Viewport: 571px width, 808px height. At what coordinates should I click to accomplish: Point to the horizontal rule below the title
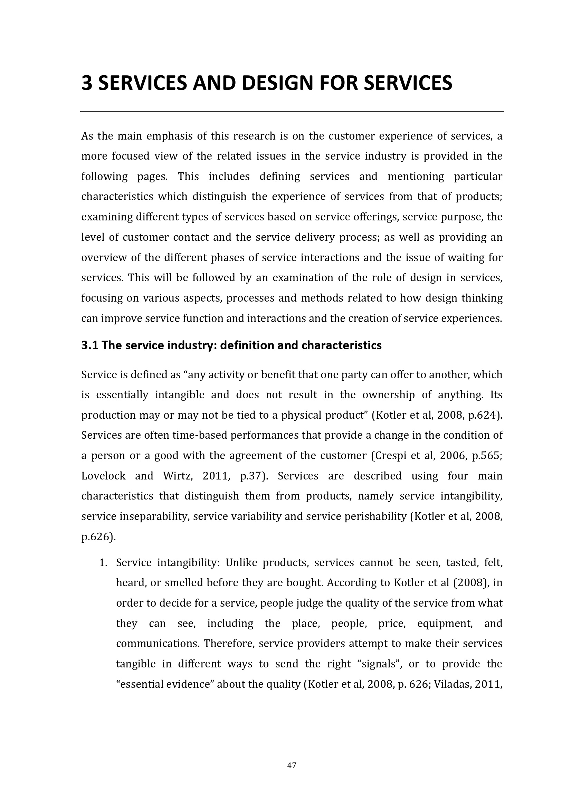pyautogui.click(x=292, y=112)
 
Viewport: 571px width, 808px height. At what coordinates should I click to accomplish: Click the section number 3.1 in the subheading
pyautogui.click(x=89, y=345)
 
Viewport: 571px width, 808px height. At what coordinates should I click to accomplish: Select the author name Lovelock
pyautogui.click(x=103, y=476)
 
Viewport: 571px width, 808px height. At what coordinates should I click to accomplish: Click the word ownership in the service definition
pyautogui.click(x=388, y=395)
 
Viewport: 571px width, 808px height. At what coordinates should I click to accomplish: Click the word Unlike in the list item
pyautogui.click(x=241, y=563)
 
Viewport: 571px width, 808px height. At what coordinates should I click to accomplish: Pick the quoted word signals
pyautogui.click(x=383, y=664)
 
